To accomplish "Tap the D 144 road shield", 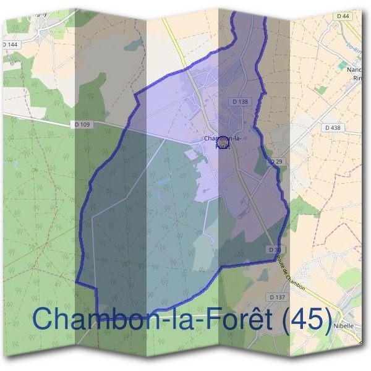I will point(10,45).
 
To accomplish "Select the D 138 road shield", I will point(241,101).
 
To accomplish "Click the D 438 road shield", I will point(333,127).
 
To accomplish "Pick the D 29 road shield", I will point(276,161).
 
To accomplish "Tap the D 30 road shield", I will point(275,249).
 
